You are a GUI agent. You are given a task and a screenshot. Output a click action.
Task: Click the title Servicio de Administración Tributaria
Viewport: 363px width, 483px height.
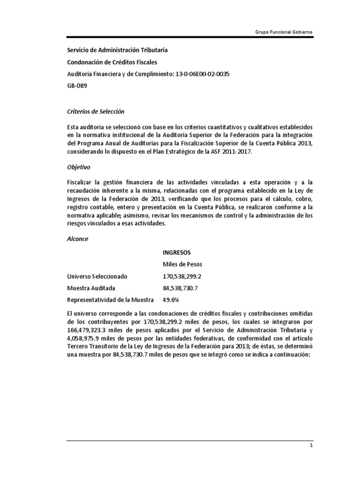[x=117, y=50]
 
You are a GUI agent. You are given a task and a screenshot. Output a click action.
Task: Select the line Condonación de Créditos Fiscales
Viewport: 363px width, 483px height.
[x=112, y=62]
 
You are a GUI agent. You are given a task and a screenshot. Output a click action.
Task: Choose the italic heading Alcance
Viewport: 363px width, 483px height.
[x=78, y=239]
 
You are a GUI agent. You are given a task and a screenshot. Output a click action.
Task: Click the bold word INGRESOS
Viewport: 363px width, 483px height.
[x=177, y=253]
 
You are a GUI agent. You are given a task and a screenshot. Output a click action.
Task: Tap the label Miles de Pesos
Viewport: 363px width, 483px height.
[x=182, y=264]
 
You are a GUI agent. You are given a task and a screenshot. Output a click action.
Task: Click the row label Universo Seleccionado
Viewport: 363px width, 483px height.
[x=97, y=276]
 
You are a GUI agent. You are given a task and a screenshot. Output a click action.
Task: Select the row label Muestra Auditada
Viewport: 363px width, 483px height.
[x=91, y=288]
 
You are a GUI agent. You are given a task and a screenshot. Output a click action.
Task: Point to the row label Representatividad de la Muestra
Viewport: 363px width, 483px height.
[x=111, y=300]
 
